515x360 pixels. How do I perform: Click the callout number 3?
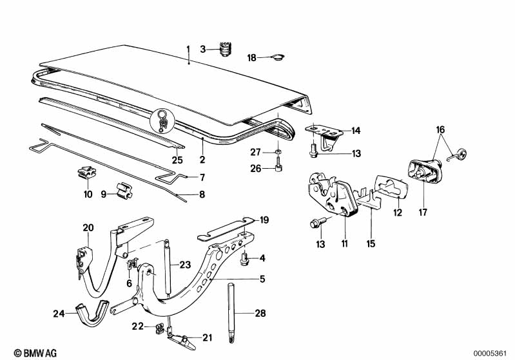coord(203,49)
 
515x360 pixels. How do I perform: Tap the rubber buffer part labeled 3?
coord(225,49)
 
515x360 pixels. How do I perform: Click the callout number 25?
coord(177,160)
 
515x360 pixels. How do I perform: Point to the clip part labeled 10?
coord(87,173)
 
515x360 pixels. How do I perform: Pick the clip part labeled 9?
coord(124,191)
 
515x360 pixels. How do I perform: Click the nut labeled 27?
coord(278,151)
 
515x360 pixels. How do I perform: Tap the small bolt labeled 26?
coord(278,165)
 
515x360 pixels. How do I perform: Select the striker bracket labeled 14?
coord(324,135)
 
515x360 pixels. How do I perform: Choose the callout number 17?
coord(423,213)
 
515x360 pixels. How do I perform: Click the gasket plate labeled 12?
coord(391,187)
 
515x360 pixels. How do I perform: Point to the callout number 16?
coord(440,129)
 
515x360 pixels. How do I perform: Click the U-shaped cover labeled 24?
coord(92,314)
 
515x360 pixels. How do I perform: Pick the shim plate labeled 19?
coord(226,228)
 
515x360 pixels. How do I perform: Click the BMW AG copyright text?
coord(35,353)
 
